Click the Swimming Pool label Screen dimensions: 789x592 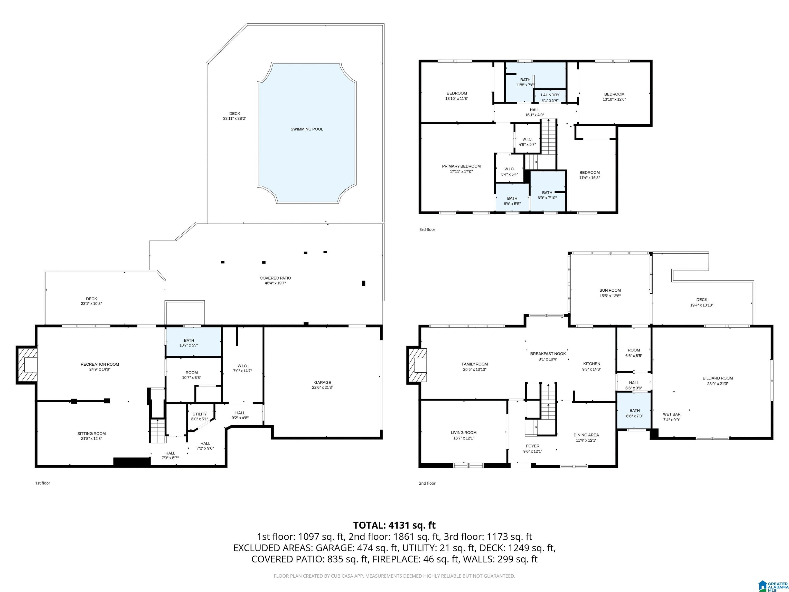(307, 129)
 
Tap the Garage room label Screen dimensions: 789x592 (322, 383)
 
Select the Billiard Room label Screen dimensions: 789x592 (718, 378)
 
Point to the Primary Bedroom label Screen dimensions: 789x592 (461, 166)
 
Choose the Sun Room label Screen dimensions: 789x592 (610, 290)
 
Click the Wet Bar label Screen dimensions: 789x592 (672, 414)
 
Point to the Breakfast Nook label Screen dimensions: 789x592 (548, 354)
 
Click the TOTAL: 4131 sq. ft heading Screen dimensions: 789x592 (394, 525)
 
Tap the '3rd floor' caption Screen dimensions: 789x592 (427, 229)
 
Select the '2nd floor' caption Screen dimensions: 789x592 (427, 483)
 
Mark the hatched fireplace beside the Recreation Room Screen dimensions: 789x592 (27, 365)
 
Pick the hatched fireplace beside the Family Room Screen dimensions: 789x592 (418, 365)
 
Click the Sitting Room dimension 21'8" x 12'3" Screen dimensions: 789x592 (91, 439)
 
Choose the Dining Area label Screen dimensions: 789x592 (586, 435)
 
